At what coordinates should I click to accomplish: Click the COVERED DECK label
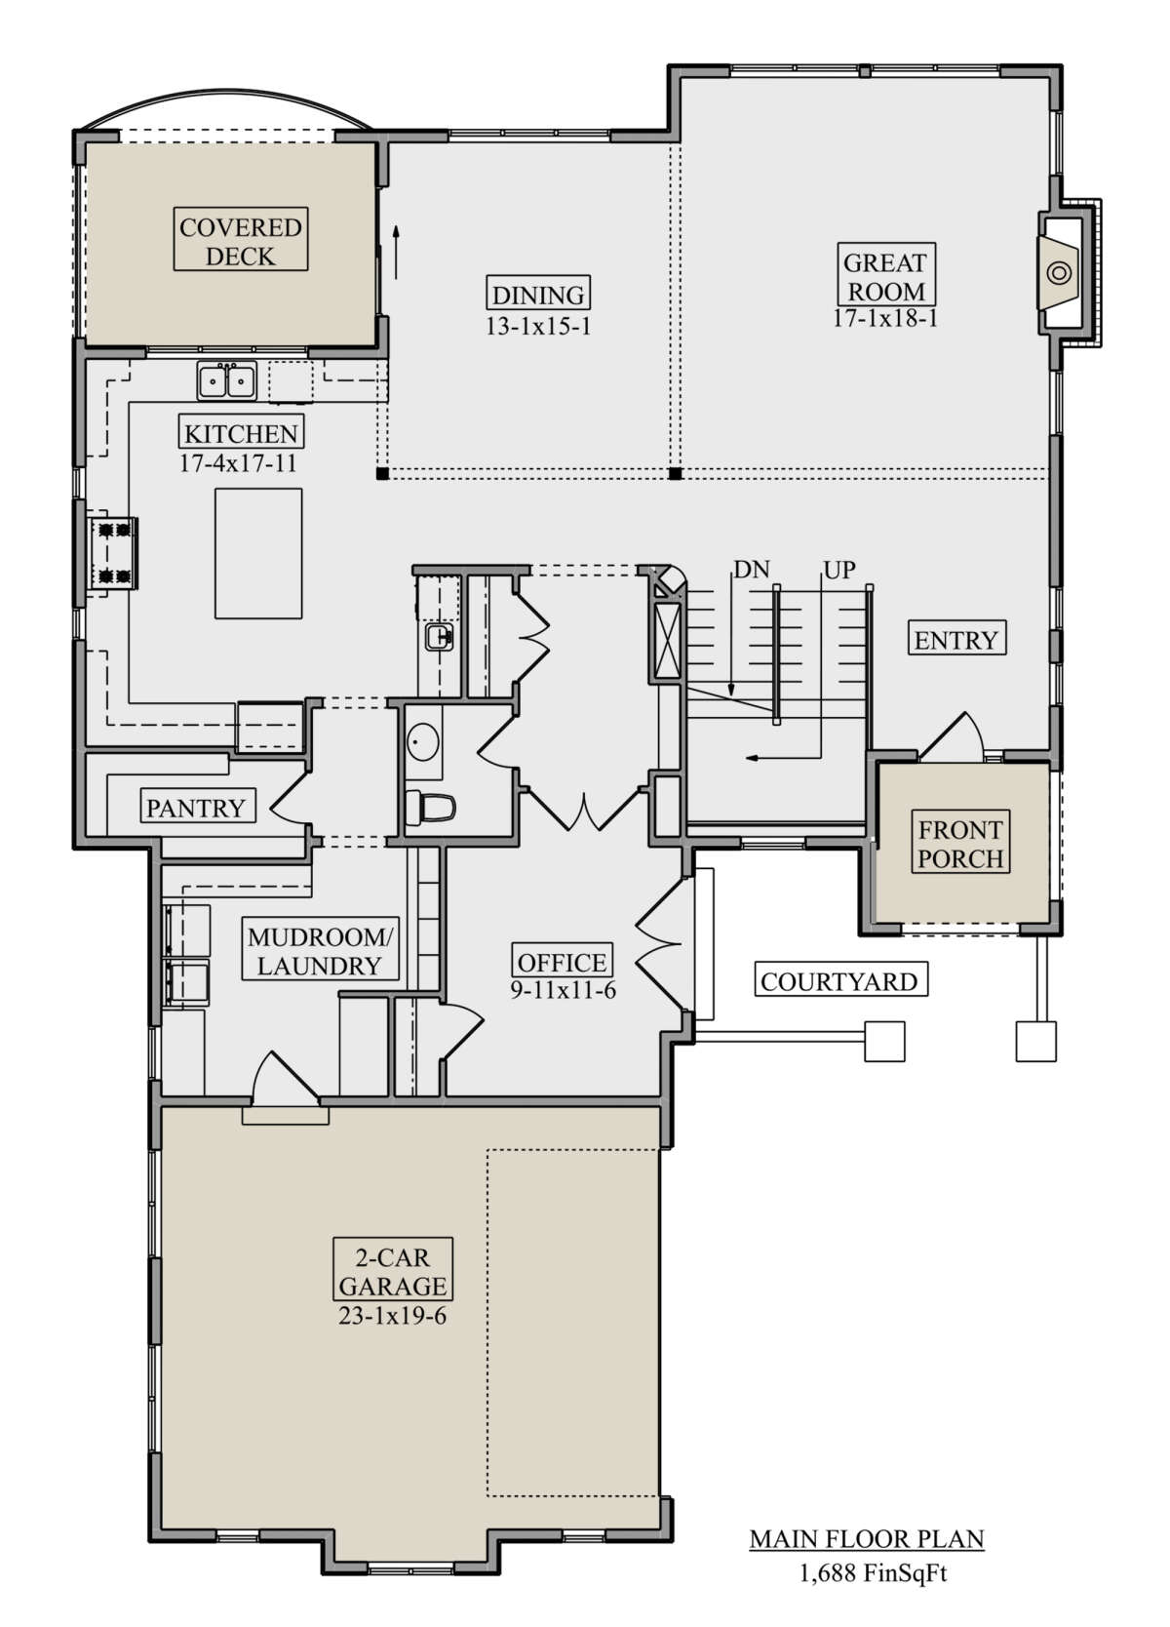click(240, 241)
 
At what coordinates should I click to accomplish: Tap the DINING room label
click(538, 295)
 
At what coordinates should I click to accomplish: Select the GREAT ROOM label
click(885, 275)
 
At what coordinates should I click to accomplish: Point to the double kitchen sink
click(226, 380)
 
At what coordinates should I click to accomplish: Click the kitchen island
click(258, 553)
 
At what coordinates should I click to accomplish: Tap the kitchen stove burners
click(114, 553)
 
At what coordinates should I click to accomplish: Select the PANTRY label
click(196, 808)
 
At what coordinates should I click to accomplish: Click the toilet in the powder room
click(430, 808)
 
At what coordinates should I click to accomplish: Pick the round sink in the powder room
click(422, 741)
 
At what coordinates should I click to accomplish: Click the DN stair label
click(751, 570)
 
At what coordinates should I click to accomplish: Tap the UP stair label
click(839, 570)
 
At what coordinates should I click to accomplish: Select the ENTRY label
click(956, 640)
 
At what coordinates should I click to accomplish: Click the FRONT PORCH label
click(960, 844)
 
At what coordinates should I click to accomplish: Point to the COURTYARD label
click(840, 981)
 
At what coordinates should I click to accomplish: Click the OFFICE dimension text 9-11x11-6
click(564, 990)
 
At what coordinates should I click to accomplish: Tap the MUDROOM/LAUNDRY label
click(320, 951)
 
